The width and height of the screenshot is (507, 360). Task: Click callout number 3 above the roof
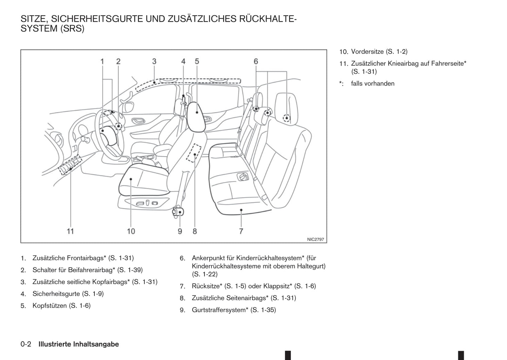click(154, 61)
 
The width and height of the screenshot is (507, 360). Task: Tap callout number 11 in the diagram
click(71, 231)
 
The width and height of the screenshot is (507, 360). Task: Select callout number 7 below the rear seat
click(241, 231)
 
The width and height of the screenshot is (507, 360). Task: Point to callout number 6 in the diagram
click(256, 61)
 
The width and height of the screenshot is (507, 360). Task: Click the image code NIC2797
click(315, 239)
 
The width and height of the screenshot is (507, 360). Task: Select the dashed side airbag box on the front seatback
click(193, 153)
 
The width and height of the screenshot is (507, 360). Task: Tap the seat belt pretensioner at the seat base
click(179, 212)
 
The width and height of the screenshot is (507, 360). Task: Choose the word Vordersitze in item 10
click(367, 52)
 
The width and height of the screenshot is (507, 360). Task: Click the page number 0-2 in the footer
click(26, 344)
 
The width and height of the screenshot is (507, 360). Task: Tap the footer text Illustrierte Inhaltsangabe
click(79, 344)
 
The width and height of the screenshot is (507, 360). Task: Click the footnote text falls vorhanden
click(373, 84)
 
